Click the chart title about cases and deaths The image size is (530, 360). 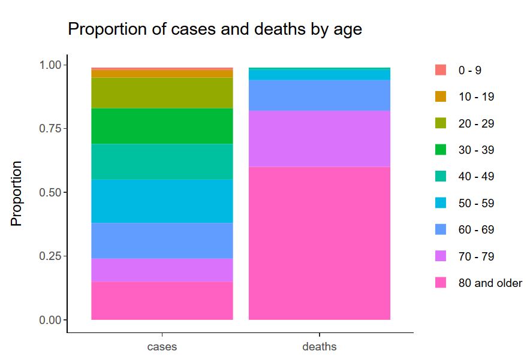[215, 29]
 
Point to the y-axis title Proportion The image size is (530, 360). [16, 193]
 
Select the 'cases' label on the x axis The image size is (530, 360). [162, 346]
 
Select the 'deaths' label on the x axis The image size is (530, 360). [320, 346]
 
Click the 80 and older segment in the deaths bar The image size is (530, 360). [320, 243]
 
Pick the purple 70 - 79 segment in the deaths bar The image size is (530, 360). [320, 138]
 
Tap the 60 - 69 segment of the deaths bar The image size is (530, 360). [320, 95]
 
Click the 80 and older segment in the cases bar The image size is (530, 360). [162, 300]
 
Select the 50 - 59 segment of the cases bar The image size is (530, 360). [162, 201]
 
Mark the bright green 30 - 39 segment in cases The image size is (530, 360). [162, 126]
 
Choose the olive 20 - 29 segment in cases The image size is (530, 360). [162, 93]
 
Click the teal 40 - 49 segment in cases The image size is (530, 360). [162, 161]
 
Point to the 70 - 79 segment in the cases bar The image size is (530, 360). [162, 270]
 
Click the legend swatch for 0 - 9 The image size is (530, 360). [441, 70]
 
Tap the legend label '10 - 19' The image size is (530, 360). [476, 97]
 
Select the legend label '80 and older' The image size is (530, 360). [490, 283]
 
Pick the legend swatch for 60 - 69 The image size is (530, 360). [441, 229]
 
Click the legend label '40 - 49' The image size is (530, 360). [476, 177]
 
